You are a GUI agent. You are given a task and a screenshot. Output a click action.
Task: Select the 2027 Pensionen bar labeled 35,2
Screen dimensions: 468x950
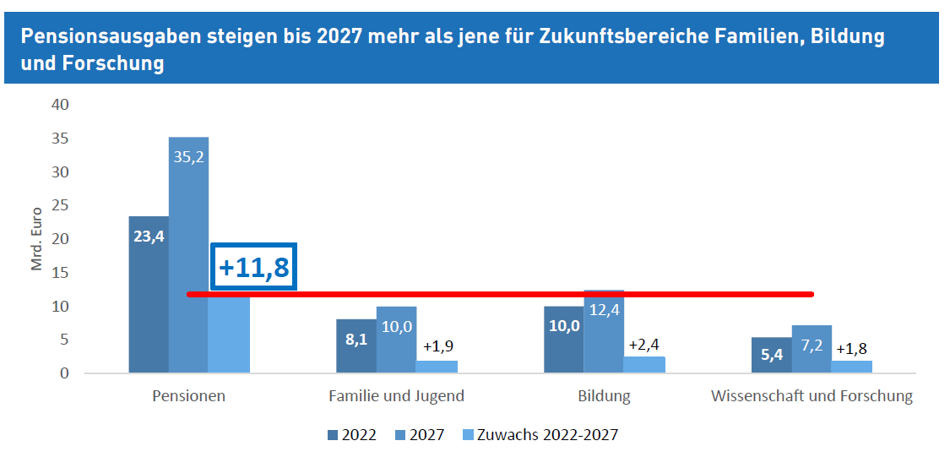(188, 253)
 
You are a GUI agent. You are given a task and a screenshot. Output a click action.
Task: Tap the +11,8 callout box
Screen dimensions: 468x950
(253, 267)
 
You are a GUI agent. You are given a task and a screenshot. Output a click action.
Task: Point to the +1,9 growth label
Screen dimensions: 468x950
(437, 347)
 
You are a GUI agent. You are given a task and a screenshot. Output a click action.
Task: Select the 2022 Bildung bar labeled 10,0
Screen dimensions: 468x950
(564, 339)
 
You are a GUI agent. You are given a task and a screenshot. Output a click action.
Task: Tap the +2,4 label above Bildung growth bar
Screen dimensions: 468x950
(644, 344)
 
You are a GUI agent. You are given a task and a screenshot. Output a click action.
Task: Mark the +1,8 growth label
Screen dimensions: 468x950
(851, 348)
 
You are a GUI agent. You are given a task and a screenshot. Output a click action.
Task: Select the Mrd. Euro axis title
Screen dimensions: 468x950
(37, 239)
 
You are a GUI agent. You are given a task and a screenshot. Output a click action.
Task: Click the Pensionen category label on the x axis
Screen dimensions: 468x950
(188, 395)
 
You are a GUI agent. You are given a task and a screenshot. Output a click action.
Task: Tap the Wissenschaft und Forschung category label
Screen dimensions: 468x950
(812, 395)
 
